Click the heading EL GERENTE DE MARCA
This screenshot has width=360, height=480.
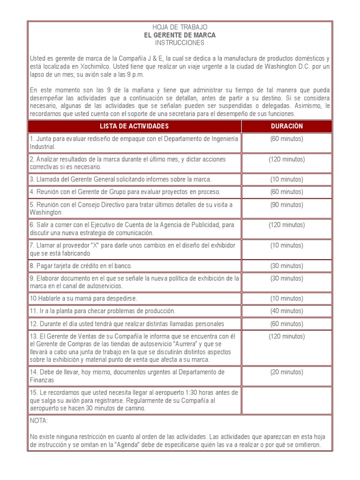pos(180,35)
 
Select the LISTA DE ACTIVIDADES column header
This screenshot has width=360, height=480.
pos(134,126)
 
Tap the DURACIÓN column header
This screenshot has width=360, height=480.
pos(286,126)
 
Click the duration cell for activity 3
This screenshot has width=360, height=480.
pos(286,179)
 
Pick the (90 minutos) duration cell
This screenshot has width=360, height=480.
pos(286,204)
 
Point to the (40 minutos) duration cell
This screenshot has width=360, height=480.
pos(286,311)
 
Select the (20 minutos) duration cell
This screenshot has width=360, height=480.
pos(286,372)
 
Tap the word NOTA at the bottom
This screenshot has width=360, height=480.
pos(39,421)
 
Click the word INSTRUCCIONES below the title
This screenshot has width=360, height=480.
pos(180,43)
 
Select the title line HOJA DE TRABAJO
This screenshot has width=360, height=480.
pos(180,28)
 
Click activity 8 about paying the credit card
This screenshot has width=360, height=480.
pos(81,265)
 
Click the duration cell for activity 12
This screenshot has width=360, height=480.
pos(286,323)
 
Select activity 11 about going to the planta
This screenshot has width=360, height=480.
pos(103,311)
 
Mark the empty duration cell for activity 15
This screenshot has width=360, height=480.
pos(286,400)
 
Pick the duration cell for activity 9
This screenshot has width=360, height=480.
pos(286,278)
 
